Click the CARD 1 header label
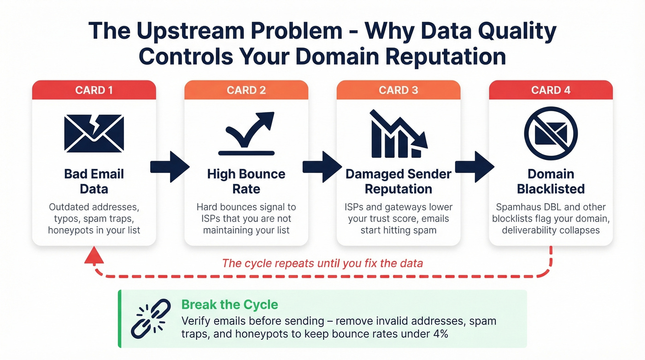[x=94, y=90]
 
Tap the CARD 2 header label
[x=246, y=90]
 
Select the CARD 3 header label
[x=399, y=90]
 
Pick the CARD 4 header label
[x=551, y=90]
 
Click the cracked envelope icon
[x=94, y=134]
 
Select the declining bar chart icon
[x=399, y=134]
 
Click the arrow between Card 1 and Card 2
[x=170, y=166]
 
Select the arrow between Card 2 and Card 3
[x=322, y=166]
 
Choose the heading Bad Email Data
[x=94, y=181]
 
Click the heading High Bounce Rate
[x=246, y=181]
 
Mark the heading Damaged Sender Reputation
[x=399, y=181]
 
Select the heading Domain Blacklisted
[x=551, y=181]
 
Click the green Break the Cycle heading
[x=229, y=305]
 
